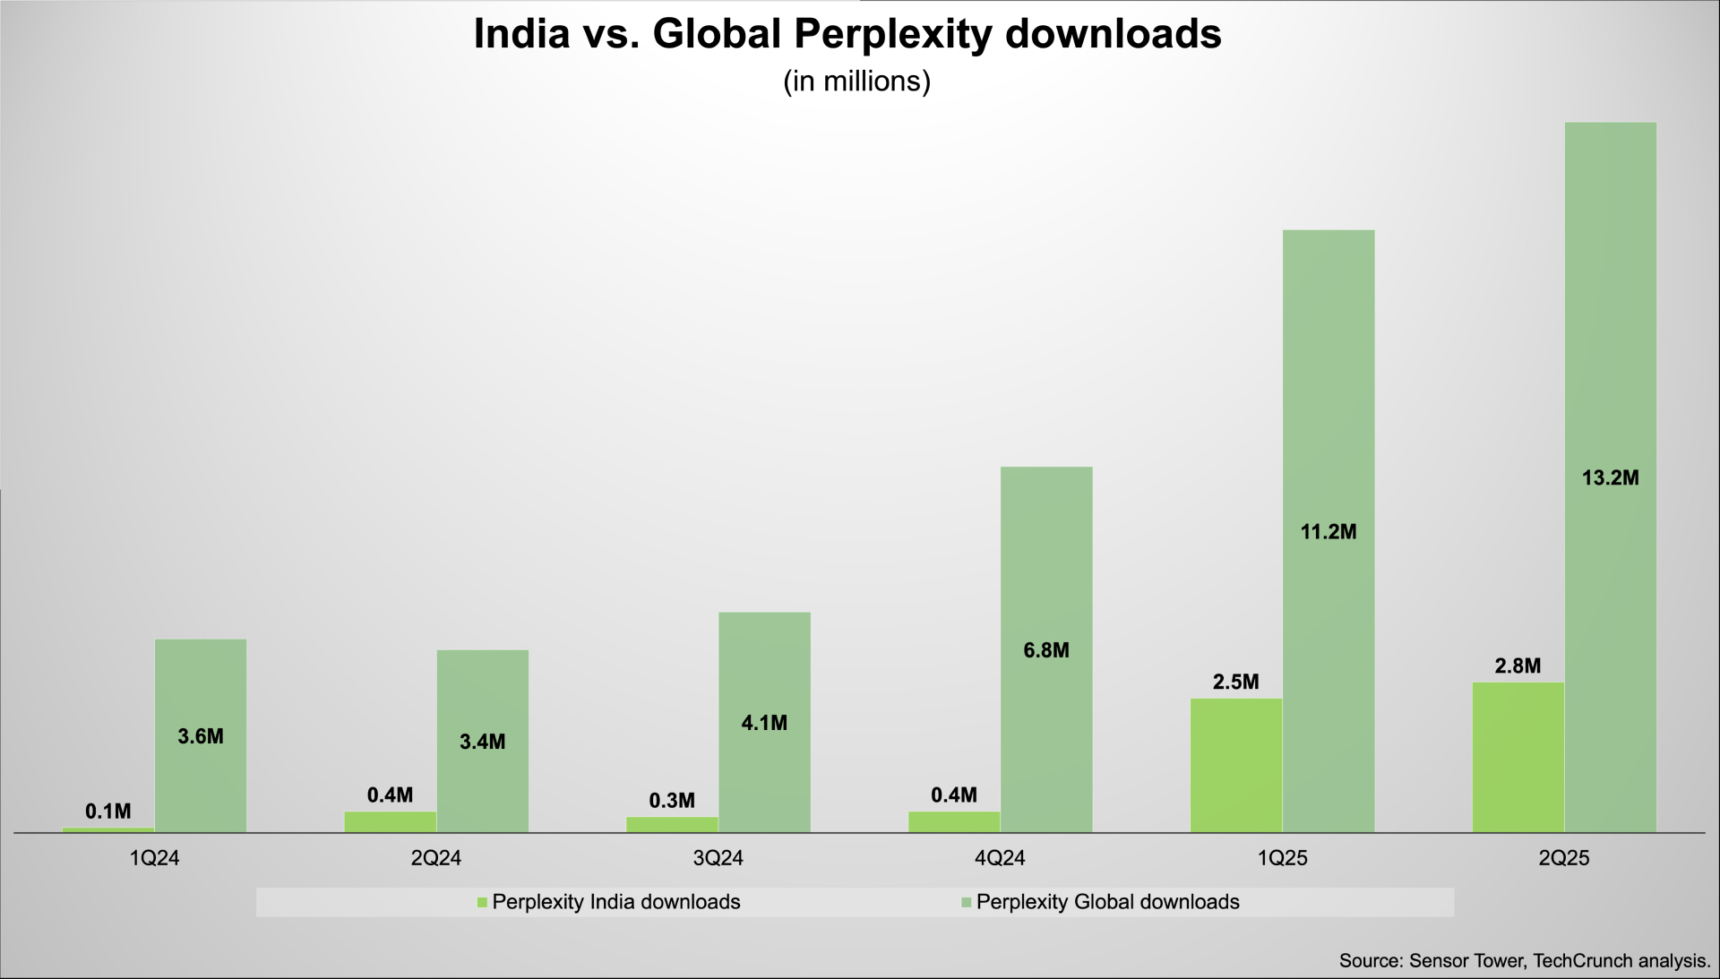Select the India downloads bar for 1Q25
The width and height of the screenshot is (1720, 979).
tap(1236, 766)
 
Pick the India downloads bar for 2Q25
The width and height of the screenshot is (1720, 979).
tap(1518, 758)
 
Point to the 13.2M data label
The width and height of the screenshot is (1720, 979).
tap(1610, 478)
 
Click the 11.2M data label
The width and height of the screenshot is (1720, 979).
tap(1329, 532)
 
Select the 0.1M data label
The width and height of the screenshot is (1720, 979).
tap(108, 812)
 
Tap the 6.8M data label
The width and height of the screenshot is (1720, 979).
tap(1046, 650)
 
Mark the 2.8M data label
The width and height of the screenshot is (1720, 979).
tap(1518, 666)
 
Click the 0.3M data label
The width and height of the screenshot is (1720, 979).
tap(672, 801)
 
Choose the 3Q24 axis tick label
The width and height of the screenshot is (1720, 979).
tap(718, 858)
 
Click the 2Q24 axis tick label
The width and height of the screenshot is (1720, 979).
tap(436, 858)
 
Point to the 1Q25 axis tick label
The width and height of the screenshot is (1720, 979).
tap(1282, 858)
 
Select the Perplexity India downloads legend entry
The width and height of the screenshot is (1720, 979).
tap(615, 902)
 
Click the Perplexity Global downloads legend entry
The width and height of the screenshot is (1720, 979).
tap(1107, 902)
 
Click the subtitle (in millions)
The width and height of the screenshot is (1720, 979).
tap(856, 82)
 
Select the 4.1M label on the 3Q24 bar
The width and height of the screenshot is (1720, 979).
tap(764, 723)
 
